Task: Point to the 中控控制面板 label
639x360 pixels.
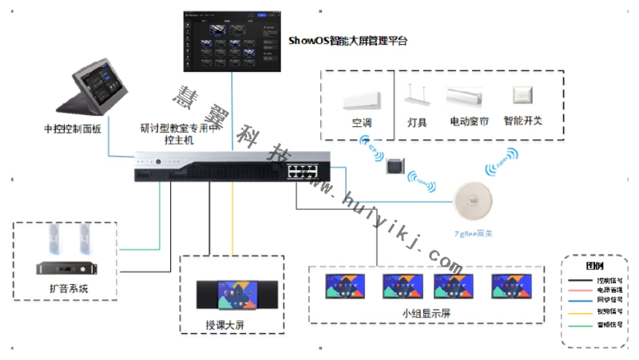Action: tap(73, 129)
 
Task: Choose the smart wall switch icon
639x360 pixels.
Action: tap(523, 95)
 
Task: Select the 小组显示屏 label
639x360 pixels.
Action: tap(427, 313)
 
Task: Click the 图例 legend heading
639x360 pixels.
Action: tap(595, 265)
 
